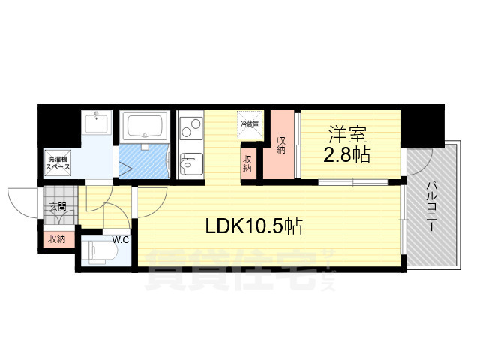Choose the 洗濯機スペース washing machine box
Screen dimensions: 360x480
click(58, 163)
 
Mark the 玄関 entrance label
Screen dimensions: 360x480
click(58, 206)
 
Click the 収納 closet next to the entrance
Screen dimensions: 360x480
click(56, 239)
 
